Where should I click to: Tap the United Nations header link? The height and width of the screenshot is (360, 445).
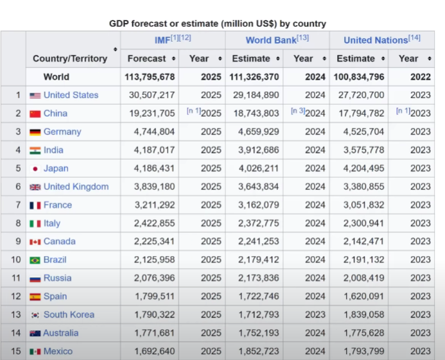(376, 40)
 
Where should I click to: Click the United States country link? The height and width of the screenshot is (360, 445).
(71, 95)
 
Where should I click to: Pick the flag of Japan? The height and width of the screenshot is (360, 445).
(35, 169)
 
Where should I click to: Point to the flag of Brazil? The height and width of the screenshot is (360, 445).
(35, 261)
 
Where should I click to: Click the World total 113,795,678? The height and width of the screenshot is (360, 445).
(150, 77)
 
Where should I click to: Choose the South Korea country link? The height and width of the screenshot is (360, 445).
(69, 315)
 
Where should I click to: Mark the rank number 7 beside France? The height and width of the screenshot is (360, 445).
(18, 205)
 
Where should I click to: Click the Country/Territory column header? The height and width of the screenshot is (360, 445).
(70, 58)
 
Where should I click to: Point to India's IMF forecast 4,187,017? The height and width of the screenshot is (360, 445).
(154, 150)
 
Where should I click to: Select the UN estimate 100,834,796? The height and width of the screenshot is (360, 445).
(360, 77)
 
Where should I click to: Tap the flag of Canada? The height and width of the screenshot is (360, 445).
(35, 242)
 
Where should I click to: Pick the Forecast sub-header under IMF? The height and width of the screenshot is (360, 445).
(147, 58)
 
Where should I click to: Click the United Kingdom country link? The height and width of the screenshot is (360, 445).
(76, 187)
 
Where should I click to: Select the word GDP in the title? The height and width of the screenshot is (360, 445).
(121, 24)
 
